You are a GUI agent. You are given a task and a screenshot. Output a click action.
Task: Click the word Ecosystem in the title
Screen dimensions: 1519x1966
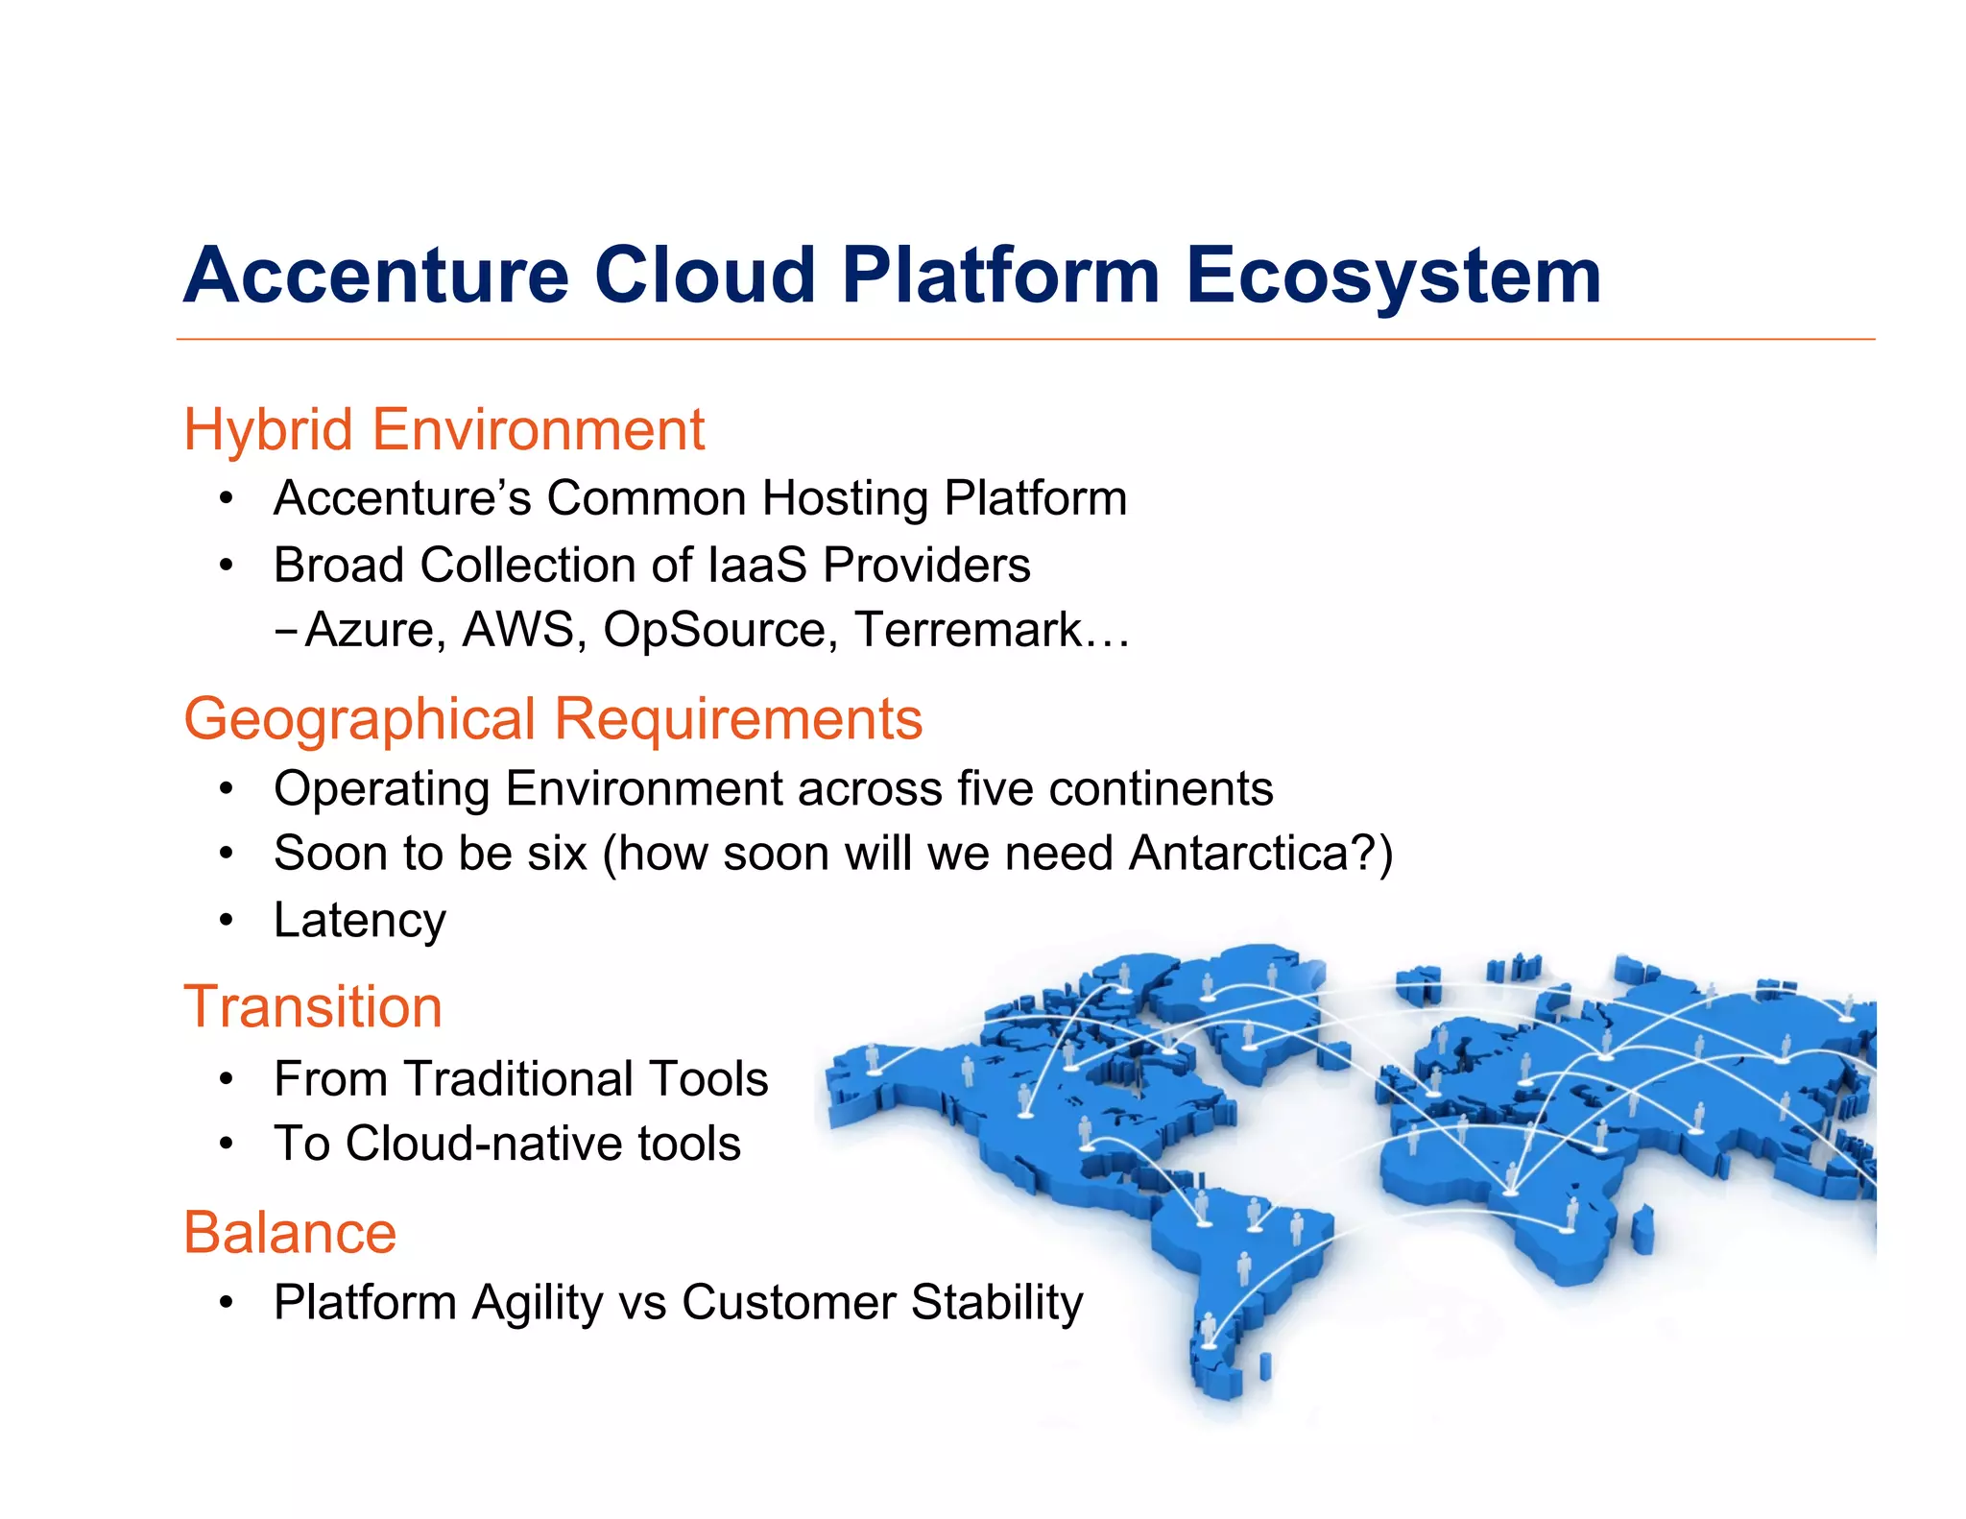tap(1393, 277)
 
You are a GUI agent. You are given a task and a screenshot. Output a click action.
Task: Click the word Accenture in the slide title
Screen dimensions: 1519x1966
tap(376, 277)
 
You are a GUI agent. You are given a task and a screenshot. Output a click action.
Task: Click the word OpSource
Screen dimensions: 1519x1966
tap(713, 631)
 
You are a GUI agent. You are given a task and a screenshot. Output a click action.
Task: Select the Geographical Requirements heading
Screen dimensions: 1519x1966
tap(553, 719)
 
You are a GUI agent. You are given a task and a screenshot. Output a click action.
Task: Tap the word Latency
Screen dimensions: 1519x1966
tap(360, 920)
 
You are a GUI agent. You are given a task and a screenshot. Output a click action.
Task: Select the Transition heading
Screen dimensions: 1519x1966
tap(313, 1007)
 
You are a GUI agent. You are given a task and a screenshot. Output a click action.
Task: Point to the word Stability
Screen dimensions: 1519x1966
tap(996, 1303)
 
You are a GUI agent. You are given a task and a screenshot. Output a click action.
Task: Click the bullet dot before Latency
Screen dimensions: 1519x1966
tap(226, 920)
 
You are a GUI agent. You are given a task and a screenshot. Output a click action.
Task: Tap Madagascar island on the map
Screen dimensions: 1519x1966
tap(1642, 1229)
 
